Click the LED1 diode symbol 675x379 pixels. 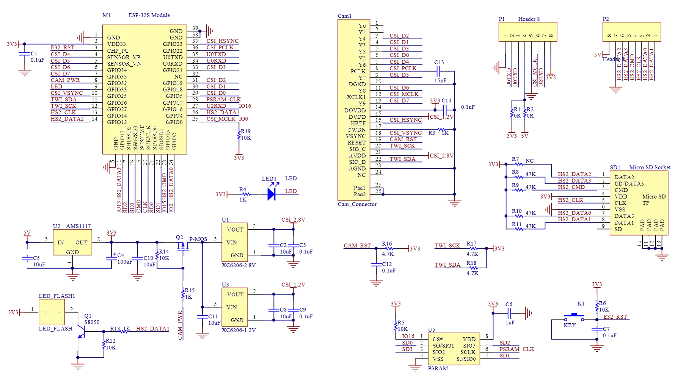tap(272, 194)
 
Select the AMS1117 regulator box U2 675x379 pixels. tap(72, 243)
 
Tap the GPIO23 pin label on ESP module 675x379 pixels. tap(173, 44)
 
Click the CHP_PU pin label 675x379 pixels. tap(118, 51)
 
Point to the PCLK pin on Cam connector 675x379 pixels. tap(358, 71)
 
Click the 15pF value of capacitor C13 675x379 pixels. tap(440, 81)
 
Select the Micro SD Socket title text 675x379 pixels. tap(649, 167)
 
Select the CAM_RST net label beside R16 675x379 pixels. tap(357, 246)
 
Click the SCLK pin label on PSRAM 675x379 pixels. tap(468, 352)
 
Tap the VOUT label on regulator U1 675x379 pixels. tap(235, 230)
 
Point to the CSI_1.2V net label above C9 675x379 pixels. tap(293, 285)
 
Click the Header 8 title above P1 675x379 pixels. tap(529, 19)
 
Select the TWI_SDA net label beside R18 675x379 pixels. tap(447, 265)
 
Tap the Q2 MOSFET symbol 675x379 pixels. tap(183, 246)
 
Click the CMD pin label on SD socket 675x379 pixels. tap(621, 190)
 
